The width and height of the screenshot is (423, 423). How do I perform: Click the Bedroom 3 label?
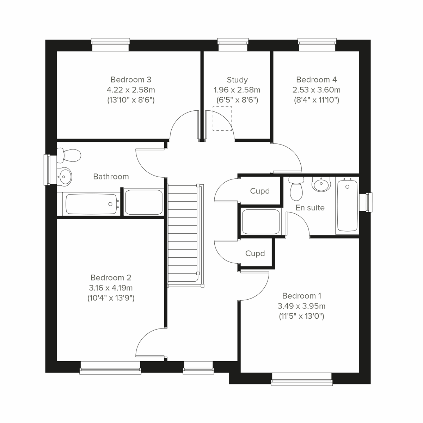(131, 80)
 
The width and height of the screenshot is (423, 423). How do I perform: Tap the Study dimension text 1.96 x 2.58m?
(237, 90)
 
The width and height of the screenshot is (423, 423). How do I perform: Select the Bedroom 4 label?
(316, 80)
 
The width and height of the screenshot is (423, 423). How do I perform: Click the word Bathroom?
(111, 177)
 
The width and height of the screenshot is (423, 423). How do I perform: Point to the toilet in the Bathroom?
(69, 154)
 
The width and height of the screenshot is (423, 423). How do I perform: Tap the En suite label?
(310, 208)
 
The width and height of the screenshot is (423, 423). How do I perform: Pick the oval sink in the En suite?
(321, 184)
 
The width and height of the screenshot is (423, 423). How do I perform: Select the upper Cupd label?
(260, 191)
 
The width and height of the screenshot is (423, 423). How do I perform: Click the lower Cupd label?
(255, 253)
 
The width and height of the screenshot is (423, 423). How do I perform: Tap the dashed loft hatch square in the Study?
(222, 119)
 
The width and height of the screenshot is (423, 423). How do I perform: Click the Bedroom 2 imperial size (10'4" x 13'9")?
(111, 298)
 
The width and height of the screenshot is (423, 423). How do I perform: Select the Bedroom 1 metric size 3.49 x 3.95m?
(301, 306)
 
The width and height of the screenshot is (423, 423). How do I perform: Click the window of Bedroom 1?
(302, 382)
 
